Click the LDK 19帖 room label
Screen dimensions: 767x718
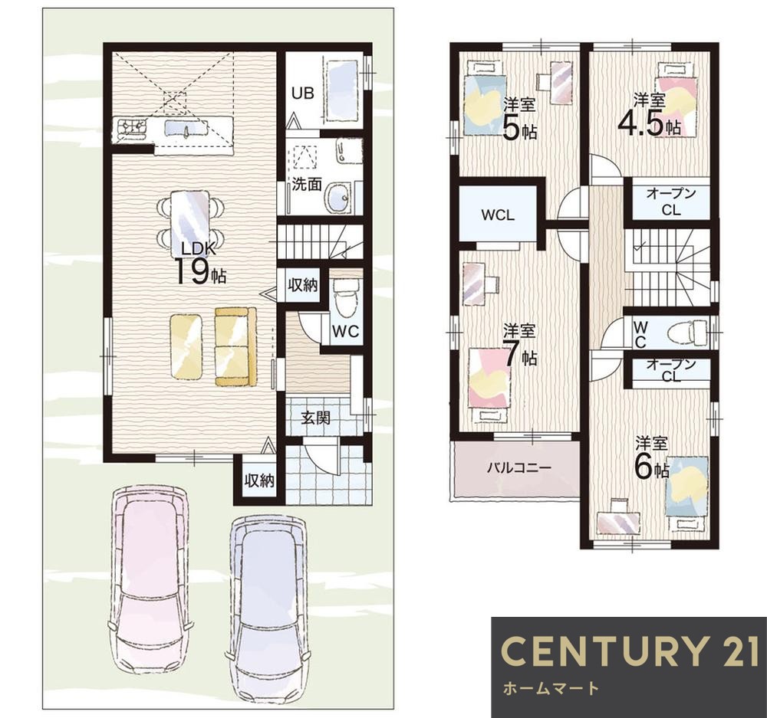tap(199, 264)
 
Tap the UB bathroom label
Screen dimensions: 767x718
tap(303, 93)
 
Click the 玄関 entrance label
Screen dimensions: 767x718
tap(315, 418)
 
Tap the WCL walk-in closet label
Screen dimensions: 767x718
tap(498, 215)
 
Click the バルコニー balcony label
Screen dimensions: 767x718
tap(519, 467)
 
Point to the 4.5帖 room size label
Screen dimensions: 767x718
tap(649, 123)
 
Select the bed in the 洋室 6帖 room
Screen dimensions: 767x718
tap(689, 491)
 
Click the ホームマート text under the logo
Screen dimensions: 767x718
tap(551, 689)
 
